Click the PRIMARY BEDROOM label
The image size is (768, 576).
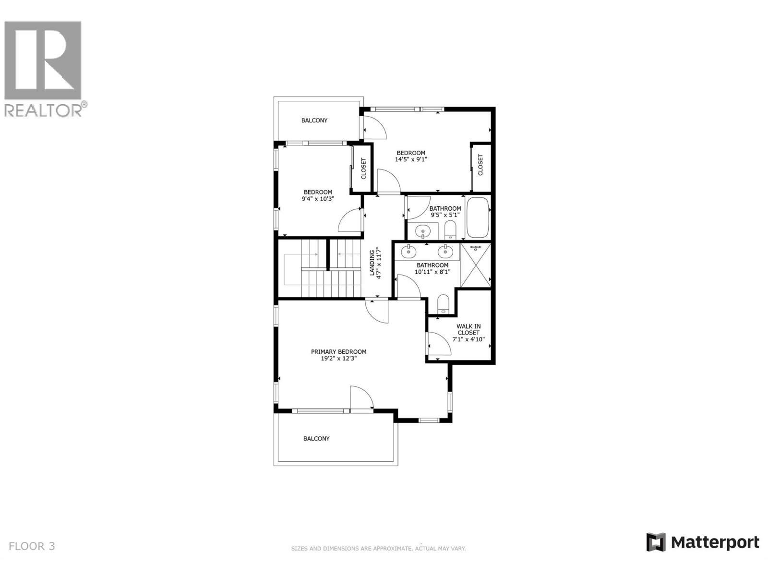338,351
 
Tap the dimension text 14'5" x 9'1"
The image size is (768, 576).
410,159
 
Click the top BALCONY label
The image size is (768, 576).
314,120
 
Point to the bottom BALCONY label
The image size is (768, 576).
316,439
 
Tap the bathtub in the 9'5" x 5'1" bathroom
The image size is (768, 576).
478,218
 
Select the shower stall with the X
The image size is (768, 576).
475,265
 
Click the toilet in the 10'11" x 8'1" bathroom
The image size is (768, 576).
443,304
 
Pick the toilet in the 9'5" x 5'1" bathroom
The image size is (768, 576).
450,230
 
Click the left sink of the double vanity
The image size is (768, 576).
409,251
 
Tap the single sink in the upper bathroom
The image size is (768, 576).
423,232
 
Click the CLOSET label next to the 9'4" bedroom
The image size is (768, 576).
363,168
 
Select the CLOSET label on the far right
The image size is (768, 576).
480,165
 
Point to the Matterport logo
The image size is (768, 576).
703,542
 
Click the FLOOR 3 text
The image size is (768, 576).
32,546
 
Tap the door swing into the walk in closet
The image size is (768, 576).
438,345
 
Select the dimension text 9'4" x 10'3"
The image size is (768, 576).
317,198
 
